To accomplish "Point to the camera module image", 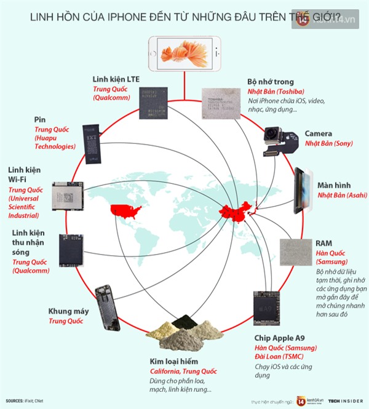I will tap(279, 141).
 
